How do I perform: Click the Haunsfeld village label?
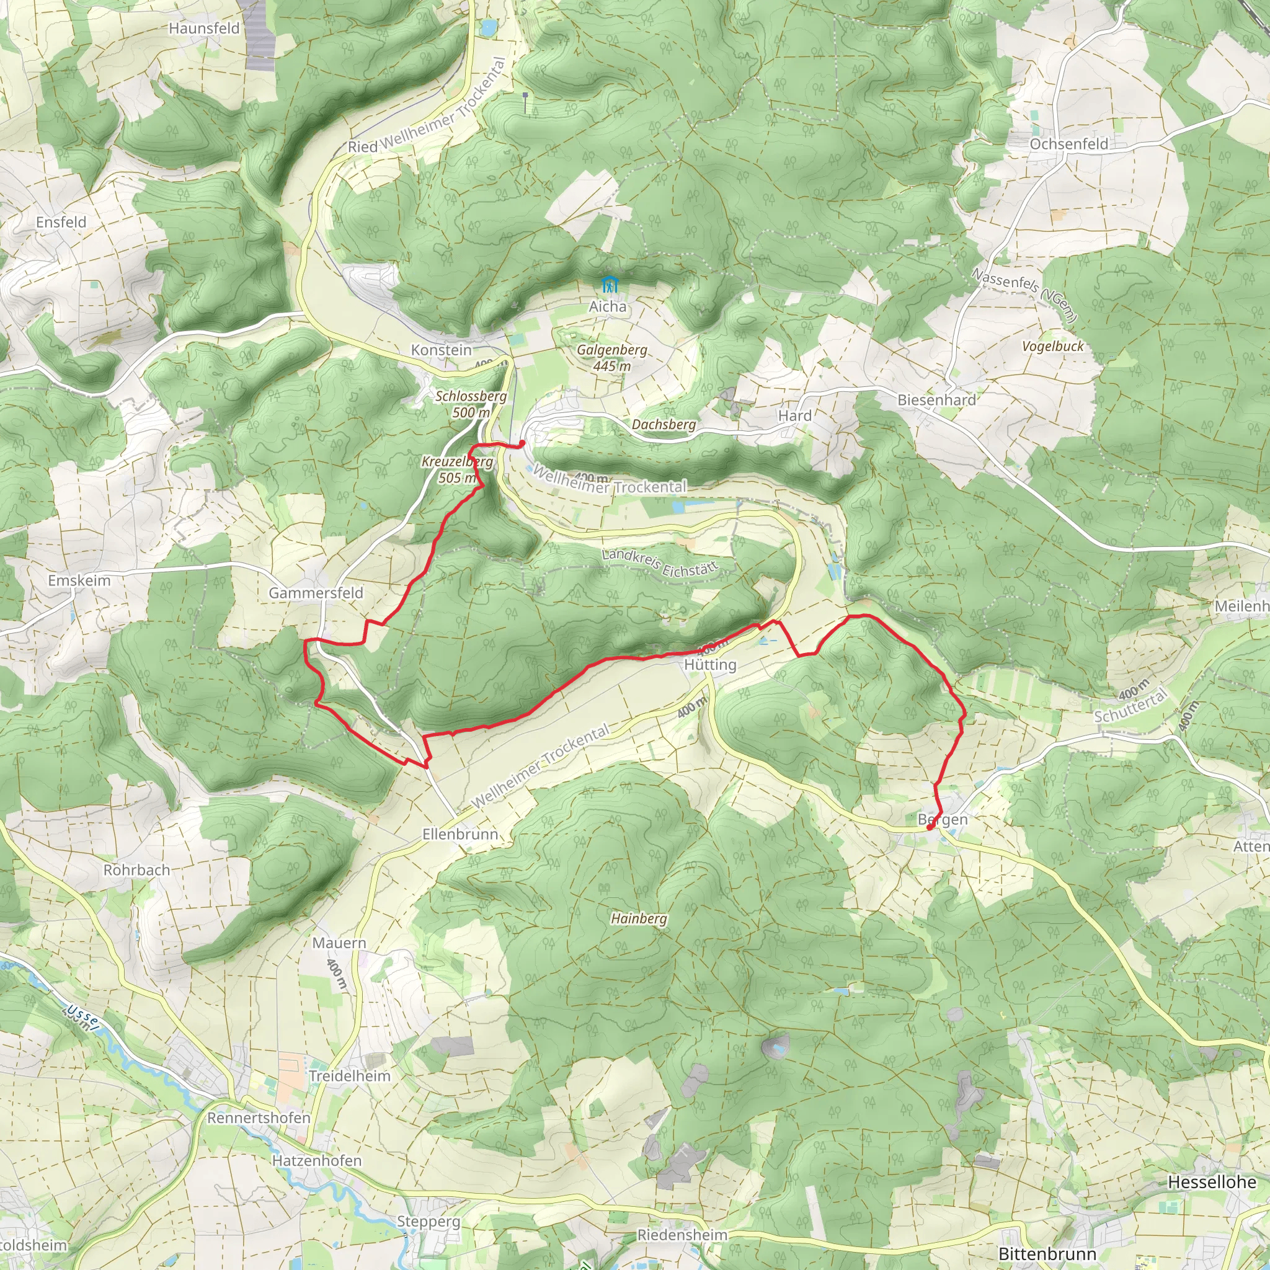(204, 29)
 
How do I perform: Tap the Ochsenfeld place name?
(1069, 144)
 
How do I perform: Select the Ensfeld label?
(61, 222)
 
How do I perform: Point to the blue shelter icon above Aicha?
(610, 285)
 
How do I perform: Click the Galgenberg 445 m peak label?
(612, 358)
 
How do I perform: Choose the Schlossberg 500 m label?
(471, 404)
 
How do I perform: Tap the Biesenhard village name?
(937, 400)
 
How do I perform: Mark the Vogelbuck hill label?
(1052, 346)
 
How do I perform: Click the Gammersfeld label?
(316, 593)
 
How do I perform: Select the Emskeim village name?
(79, 580)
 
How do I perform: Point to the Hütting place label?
(710, 665)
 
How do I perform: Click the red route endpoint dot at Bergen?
(929, 828)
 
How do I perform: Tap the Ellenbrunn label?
(460, 834)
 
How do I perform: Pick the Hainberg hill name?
(638, 918)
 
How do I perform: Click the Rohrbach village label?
(136, 869)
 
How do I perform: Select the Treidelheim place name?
(350, 1076)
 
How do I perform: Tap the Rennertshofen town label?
(259, 1117)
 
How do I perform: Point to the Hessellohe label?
(1212, 1182)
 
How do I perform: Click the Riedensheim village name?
(682, 1235)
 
